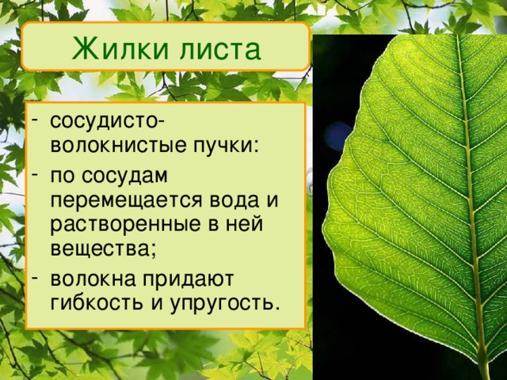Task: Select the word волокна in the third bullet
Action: pyautogui.click(x=89, y=277)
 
